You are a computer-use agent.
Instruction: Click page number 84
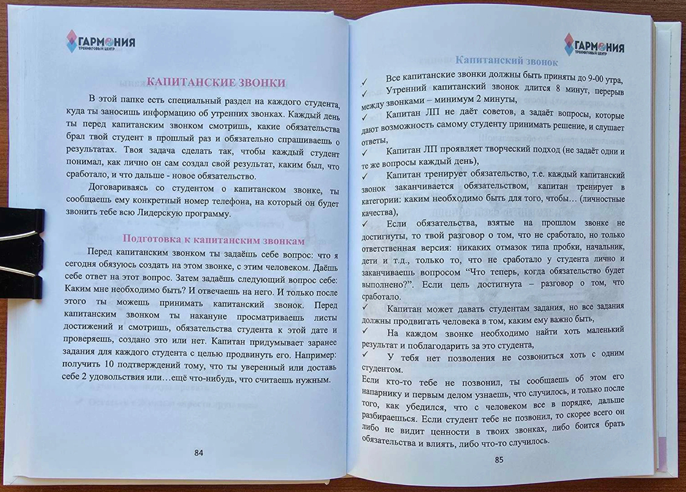click(198, 453)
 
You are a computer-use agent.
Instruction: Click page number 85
click(498, 460)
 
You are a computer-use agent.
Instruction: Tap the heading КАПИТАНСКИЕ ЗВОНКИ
click(216, 82)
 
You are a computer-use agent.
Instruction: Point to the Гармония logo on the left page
click(101, 41)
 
